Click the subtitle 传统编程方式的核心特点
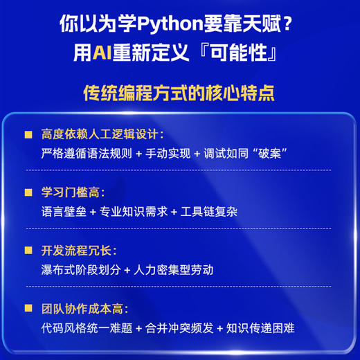coord(180,92)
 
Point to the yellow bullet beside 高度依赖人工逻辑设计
coord(28,134)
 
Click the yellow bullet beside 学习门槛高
coord(28,192)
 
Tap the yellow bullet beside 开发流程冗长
coord(28,250)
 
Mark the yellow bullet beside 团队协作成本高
coord(28,308)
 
